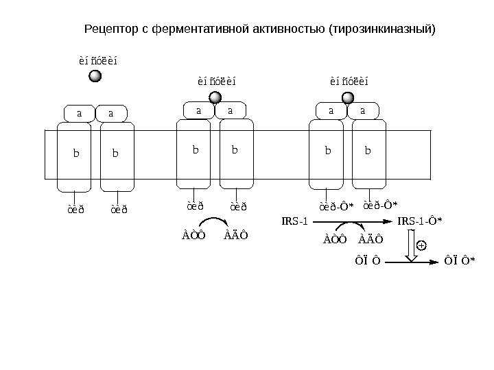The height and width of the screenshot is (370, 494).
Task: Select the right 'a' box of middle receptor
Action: tap(231, 110)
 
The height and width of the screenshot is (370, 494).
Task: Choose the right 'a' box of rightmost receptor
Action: tap(363, 110)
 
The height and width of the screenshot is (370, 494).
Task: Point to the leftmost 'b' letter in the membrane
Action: tap(76, 153)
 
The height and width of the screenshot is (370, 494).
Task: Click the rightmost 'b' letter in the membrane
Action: tap(368, 149)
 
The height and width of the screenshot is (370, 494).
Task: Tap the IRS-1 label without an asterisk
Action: tap(296, 221)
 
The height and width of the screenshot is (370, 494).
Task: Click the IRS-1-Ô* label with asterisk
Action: tap(420, 221)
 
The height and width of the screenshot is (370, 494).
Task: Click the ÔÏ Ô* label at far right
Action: tap(460, 260)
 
